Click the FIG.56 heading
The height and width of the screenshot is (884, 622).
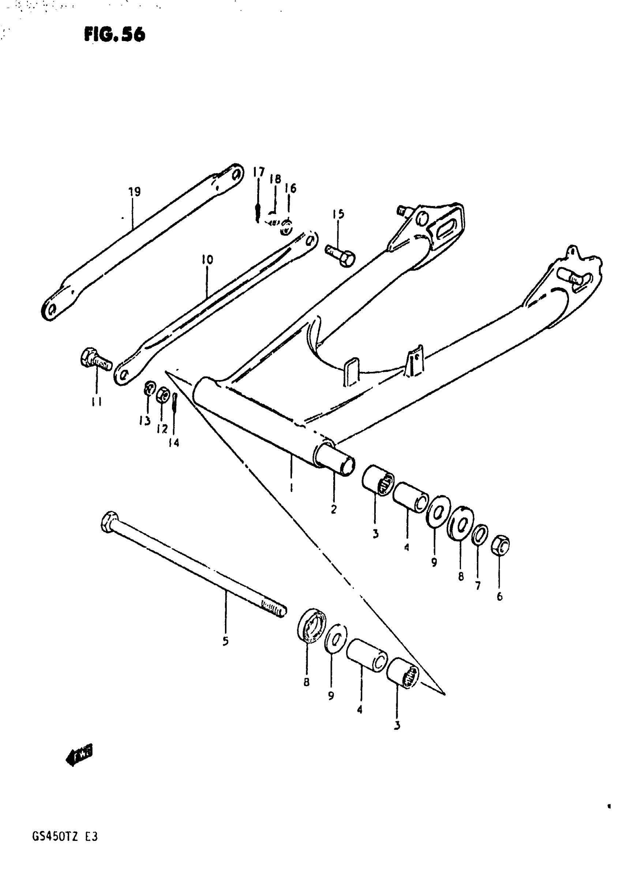coord(114,35)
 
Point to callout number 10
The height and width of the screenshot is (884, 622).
coord(207,260)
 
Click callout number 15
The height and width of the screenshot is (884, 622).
coord(338,215)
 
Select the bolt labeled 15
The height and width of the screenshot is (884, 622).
coord(340,254)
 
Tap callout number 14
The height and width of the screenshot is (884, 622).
coord(174,443)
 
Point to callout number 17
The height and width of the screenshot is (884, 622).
coord(259,172)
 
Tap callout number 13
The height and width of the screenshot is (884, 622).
coord(145,422)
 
